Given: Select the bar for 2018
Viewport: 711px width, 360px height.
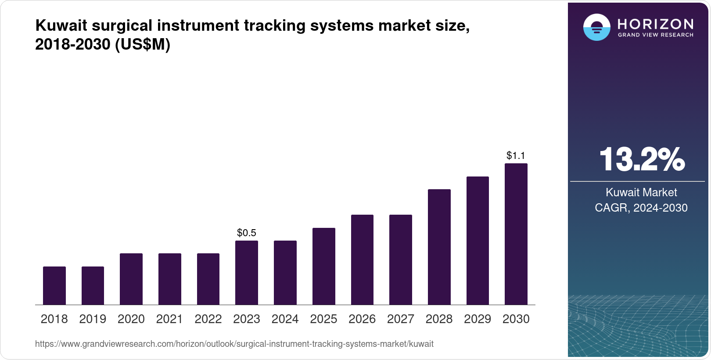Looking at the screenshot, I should pos(54,285).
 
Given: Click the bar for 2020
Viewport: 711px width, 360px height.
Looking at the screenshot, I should pos(131,279).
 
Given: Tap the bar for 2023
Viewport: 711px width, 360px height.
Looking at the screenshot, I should pos(247,272).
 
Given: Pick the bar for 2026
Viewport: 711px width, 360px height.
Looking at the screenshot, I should pos(362,259).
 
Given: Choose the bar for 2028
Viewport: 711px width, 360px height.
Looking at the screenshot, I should pos(439,247).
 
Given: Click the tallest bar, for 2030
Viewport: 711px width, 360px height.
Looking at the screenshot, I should pos(516,234).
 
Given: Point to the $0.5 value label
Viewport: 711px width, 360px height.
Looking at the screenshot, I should pos(247,233).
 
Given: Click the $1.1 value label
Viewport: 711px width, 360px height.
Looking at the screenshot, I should pos(516,155).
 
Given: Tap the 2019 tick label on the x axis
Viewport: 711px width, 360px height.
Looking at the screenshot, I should pos(93,319).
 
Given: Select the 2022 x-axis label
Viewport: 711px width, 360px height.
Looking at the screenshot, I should pos(208,319).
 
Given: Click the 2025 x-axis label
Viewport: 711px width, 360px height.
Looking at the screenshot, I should pos(323,319).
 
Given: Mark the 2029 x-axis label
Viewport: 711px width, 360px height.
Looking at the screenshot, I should pos(478,319).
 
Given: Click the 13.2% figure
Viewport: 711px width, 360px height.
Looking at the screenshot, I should pos(641,159).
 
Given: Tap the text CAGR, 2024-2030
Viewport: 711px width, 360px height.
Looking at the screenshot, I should pos(641,208).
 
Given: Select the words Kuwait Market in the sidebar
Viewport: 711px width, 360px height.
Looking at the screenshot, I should pos(641,192).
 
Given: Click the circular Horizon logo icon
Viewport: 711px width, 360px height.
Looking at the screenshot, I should pos(596,27).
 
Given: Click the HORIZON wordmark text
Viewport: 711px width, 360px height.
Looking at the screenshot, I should pos(655,24).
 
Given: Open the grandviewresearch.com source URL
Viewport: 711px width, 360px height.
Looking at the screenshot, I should pos(234,344).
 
